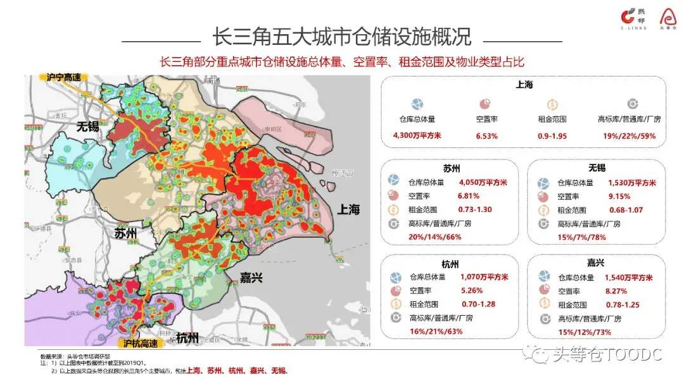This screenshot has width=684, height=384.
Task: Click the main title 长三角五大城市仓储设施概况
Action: pos(341,37)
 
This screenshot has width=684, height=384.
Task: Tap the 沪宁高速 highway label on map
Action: pos(65,77)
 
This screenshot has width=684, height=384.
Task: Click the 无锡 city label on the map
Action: pos(88,126)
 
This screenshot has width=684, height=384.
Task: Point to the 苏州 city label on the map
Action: pos(126,233)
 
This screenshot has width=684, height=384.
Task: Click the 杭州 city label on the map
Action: pos(187,337)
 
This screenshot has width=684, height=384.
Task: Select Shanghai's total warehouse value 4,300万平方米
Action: pos(417,135)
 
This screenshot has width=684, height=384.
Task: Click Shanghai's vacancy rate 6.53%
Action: pos(486,135)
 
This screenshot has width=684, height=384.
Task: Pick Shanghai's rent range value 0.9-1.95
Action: pos(552,135)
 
